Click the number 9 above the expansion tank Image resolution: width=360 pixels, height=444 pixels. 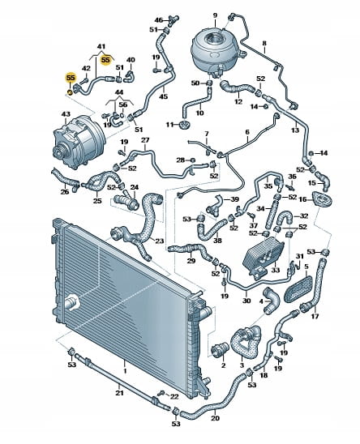(x=215, y=15)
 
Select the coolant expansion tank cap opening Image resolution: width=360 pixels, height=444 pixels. (x=216, y=38)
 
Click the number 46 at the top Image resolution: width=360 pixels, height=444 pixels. (x=159, y=20)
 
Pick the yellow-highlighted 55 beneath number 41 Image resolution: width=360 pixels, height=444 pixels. (x=105, y=60)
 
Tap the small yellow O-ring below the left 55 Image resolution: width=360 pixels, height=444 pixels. (x=69, y=92)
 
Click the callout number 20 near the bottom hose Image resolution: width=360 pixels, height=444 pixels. (x=215, y=417)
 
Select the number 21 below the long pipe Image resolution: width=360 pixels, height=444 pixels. (x=119, y=393)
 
